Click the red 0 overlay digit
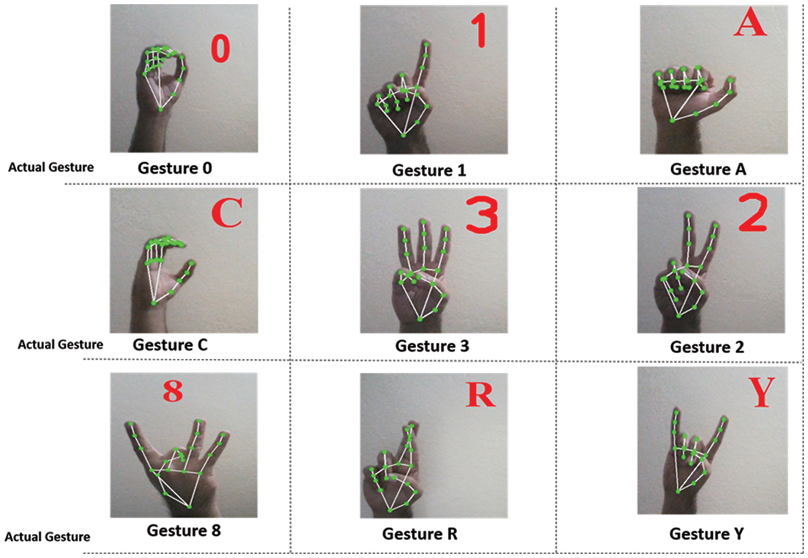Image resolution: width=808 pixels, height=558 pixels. [x=220, y=49]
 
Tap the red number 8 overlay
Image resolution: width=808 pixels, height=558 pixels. [x=173, y=392]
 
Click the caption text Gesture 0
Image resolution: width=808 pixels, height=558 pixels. [x=175, y=168]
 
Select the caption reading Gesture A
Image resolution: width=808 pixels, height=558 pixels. [x=708, y=169]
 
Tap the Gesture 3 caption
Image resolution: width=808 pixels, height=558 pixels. [x=432, y=346]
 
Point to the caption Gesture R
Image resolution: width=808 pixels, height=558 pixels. [x=420, y=534]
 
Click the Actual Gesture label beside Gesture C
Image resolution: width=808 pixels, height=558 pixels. [x=60, y=345]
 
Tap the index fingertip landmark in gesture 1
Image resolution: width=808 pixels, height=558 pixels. [x=427, y=44]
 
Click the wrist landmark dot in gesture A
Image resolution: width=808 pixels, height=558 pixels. [x=672, y=121]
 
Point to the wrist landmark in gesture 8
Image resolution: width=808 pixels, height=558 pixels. [x=190, y=507]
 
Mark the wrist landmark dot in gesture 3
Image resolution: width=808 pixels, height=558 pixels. [x=420, y=319]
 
